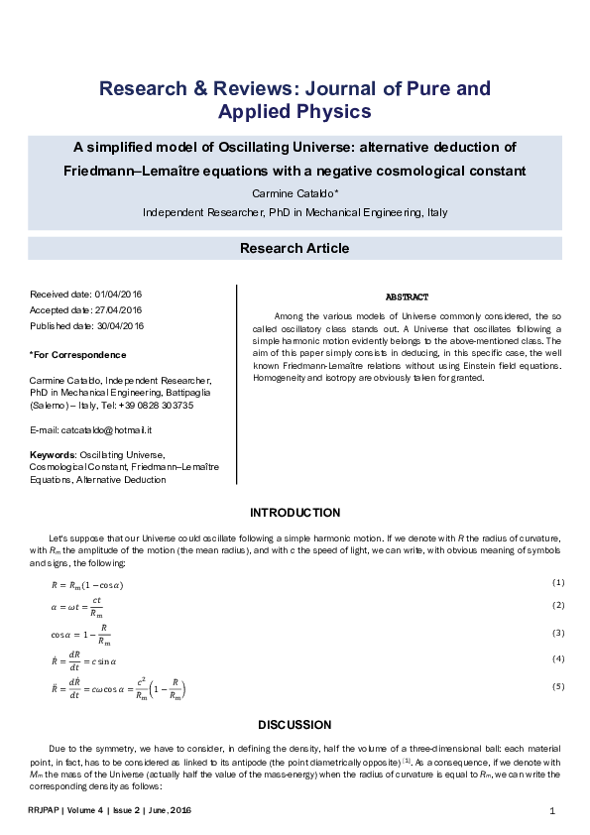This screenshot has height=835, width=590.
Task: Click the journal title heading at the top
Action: click(x=295, y=99)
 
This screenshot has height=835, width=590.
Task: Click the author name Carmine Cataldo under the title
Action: click(x=295, y=191)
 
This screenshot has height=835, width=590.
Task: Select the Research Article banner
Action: click(x=295, y=248)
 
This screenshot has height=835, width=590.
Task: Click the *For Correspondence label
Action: click(x=78, y=354)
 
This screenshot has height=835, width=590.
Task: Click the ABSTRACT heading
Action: click(x=407, y=298)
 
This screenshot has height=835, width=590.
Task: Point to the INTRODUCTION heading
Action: click(x=295, y=513)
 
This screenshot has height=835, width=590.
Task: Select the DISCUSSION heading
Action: click(x=295, y=725)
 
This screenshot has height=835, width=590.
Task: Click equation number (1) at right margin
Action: click(x=558, y=582)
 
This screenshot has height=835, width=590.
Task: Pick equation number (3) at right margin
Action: click(x=558, y=633)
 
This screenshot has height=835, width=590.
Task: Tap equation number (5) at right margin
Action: click(x=558, y=686)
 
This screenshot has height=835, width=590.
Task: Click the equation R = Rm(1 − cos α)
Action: click(x=93, y=585)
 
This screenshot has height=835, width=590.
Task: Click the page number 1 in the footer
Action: click(x=551, y=811)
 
